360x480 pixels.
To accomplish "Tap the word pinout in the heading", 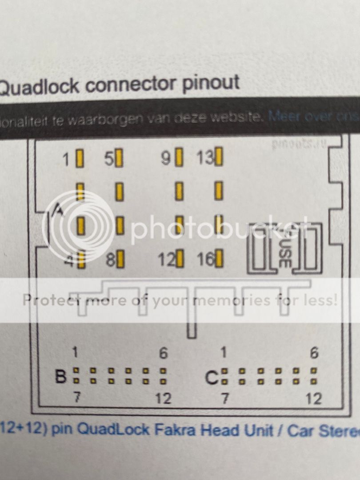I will pos(209,83).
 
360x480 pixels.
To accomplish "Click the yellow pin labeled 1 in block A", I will pos(80,158).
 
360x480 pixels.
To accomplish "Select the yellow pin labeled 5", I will pos(119,158).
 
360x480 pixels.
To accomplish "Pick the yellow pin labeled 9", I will pos(179,157).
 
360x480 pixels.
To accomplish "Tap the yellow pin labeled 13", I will pos(218,157).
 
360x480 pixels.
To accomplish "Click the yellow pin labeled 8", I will pos(120,260).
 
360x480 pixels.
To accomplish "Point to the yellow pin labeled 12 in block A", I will pos(179,260).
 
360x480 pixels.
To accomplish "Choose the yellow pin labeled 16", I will pos(219,260).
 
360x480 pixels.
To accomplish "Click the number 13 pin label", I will pos(205,158).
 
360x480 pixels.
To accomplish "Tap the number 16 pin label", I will pos(206,260).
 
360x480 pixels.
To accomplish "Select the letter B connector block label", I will pos(60,376).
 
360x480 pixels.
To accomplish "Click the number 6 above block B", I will pos(164,353).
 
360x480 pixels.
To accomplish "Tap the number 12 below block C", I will pos(314,399).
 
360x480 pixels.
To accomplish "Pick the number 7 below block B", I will pos(76,398).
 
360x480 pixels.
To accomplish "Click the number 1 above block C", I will pos(224,353).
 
